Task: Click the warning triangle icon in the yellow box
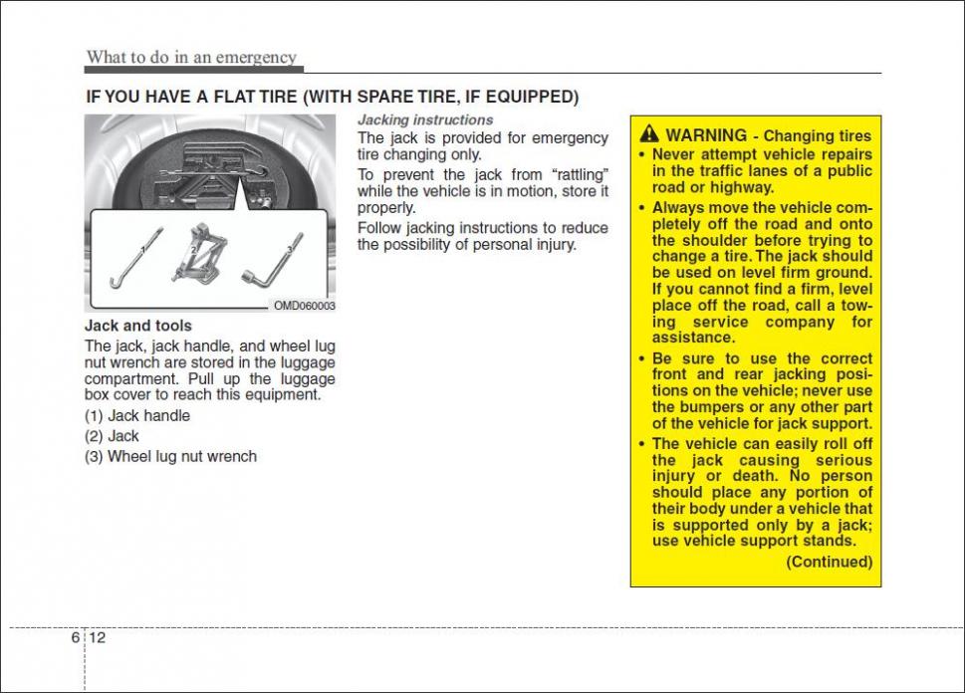[649, 134]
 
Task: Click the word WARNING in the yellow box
[706, 135]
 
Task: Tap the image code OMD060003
[305, 306]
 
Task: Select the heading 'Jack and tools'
[138, 326]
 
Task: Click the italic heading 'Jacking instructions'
[425, 119]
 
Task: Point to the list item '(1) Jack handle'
[137, 416]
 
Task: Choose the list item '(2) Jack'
[112, 436]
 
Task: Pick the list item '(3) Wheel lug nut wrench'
[170, 456]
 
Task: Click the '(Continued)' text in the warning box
[829, 562]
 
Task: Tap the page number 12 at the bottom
[98, 638]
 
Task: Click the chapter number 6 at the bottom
[76, 638]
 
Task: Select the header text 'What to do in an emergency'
[191, 57]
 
